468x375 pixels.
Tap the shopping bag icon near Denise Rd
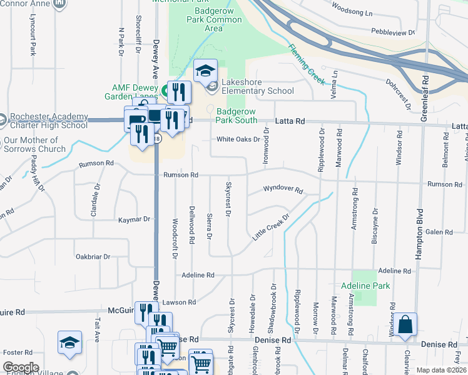[405, 325]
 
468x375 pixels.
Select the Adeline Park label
[365, 286]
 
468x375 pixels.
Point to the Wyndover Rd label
[283, 189]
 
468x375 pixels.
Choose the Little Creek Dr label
[271, 227]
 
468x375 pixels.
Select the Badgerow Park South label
[245, 116]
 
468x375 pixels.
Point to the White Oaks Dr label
[238, 139]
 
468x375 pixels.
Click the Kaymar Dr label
[135, 219]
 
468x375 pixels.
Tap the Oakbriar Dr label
[93, 256]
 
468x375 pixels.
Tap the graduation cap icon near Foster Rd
[69, 342]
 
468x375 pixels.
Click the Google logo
[21, 367]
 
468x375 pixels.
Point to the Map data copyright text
[440, 370]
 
